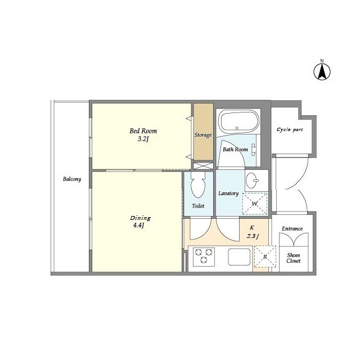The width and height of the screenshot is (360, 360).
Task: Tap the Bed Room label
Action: click(143, 131)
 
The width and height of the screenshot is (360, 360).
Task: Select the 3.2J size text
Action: click(143, 139)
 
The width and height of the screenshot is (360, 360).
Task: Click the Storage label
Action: click(203, 135)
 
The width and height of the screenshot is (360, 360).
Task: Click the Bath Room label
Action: click(235, 150)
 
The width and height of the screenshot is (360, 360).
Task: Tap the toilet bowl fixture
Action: click(198, 185)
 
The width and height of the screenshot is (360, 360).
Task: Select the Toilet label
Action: click(198, 206)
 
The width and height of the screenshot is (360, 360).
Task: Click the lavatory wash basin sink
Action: click(252, 181)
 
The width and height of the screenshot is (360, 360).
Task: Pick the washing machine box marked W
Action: click(255, 204)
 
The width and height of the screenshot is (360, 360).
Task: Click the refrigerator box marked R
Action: click(265, 256)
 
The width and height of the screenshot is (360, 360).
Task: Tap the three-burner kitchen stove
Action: click(204, 257)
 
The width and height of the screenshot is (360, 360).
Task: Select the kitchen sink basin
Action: click(239, 256)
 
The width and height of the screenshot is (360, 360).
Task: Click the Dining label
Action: click(140, 218)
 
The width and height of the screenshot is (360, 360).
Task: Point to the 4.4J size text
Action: click(138, 226)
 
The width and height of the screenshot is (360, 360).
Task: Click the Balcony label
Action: click(72, 179)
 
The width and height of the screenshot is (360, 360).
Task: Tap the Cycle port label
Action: click(290, 130)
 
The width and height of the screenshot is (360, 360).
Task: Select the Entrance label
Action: click(292, 229)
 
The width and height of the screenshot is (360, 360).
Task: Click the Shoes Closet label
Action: click(294, 258)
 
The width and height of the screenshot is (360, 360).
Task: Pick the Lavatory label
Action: click(228, 193)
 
